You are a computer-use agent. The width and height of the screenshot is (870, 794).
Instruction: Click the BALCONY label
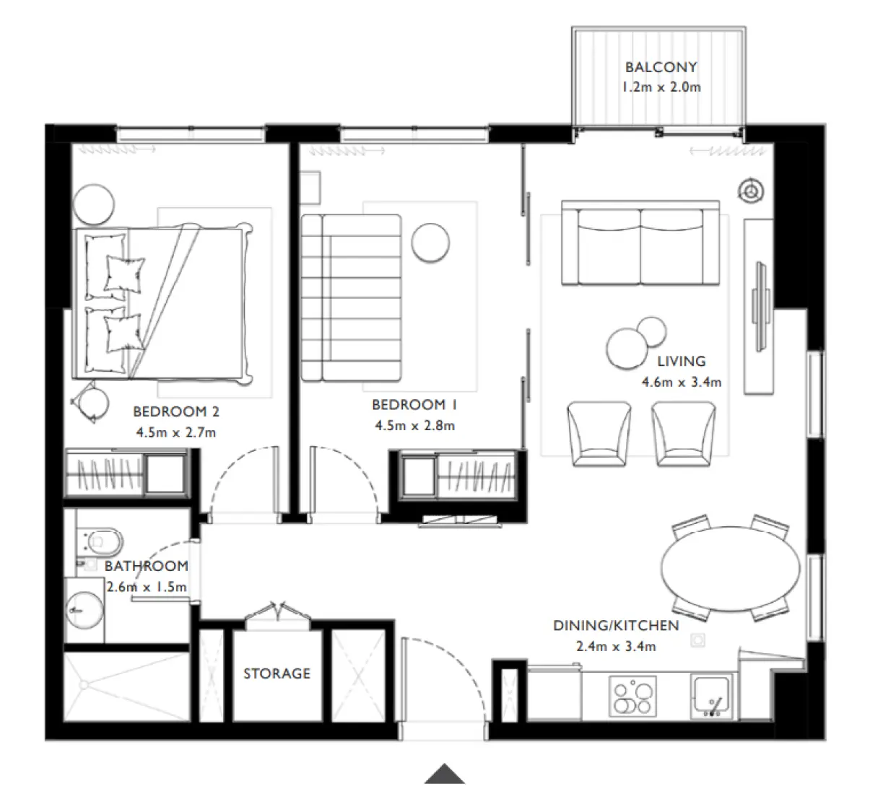coord(661,67)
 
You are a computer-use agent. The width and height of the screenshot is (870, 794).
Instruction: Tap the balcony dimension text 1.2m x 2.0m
coord(661,87)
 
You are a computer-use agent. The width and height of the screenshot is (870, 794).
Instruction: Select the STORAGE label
coord(277,673)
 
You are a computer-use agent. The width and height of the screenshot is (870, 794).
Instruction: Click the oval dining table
coord(731,567)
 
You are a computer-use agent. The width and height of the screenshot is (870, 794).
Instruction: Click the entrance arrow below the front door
coord(444,774)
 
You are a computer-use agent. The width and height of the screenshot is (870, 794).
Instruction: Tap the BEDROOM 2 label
coord(176,412)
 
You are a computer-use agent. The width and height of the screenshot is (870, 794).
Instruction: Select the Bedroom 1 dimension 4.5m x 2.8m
coord(414,426)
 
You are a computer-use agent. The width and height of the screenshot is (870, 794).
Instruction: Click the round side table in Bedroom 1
coord(430,242)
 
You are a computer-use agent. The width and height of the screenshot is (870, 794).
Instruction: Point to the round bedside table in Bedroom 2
coord(95,204)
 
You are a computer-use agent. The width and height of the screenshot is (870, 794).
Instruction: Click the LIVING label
coord(681,362)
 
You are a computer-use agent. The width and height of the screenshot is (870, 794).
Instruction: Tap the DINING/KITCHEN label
coord(616,626)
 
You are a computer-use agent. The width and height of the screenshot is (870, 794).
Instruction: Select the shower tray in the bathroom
coord(126,686)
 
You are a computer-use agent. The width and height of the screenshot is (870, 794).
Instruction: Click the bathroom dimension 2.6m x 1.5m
coord(147,587)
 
